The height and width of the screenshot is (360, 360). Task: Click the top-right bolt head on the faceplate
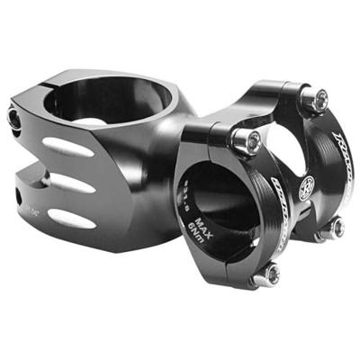[314, 100]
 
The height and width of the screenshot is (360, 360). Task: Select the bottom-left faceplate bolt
[267, 274]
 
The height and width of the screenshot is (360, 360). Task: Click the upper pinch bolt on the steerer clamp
[13, 117]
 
